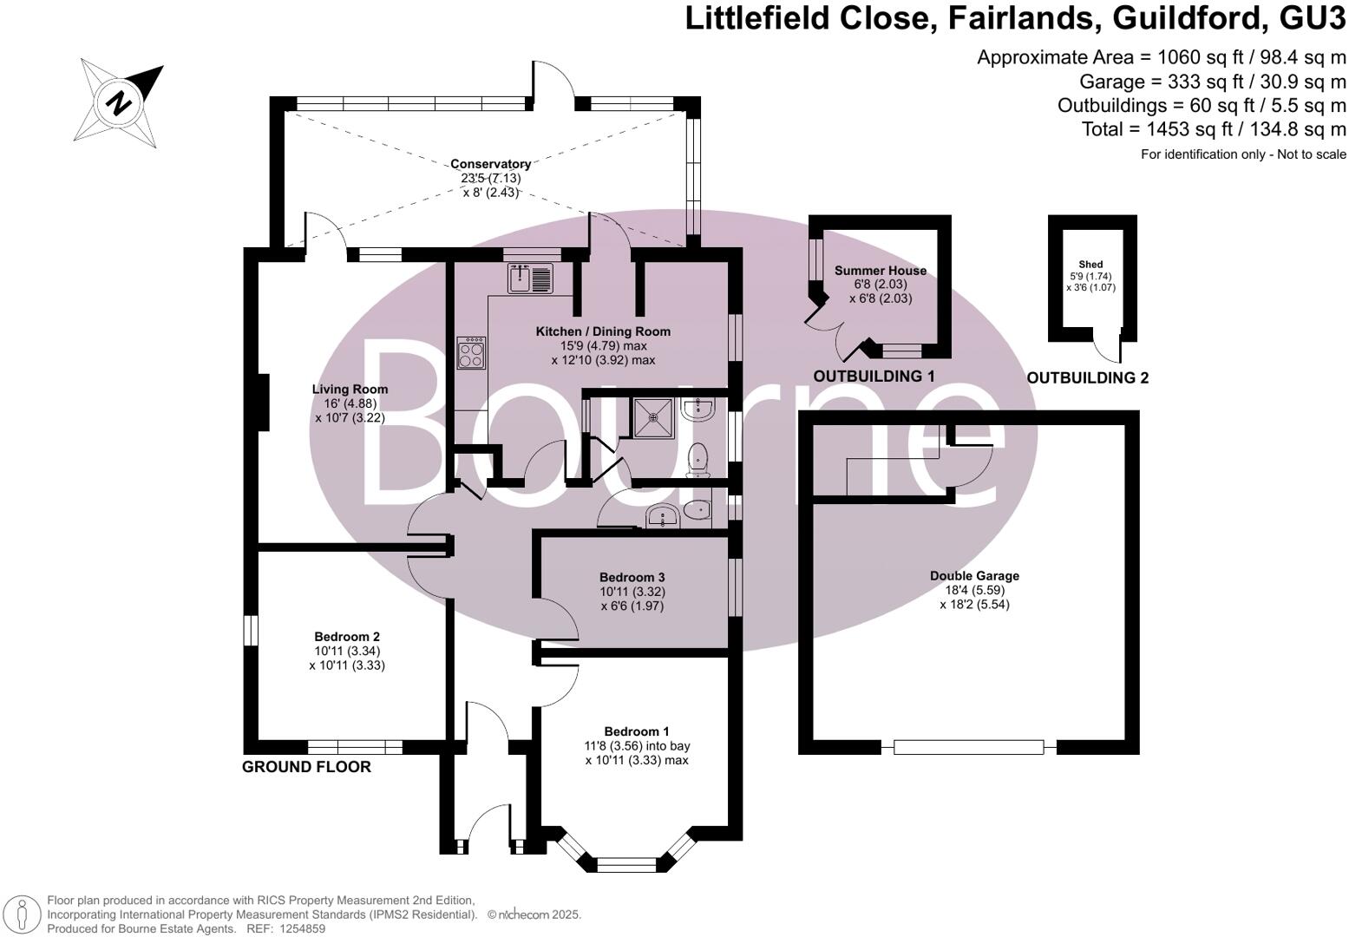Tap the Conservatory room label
point(490,164)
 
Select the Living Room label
point(350,390)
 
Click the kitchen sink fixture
point(529,278)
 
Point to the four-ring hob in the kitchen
point(472,352)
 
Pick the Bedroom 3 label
point(632,578)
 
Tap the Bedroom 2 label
point(346,637)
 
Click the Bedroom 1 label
point(637,731)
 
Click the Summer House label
point(880,271)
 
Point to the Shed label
point(1090,265)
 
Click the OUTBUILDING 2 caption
point(1087,378)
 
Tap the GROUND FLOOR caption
point(306,767)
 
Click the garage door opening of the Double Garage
point(969,747)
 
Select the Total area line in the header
point(1214,129)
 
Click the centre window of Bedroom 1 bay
point(626,863)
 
